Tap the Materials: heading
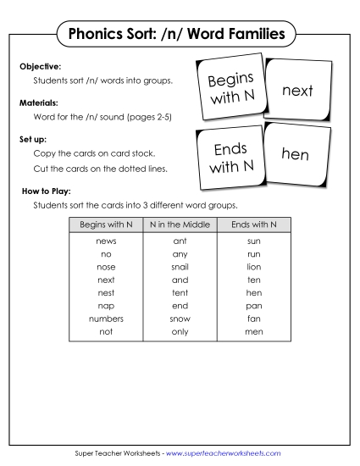pyautogui.click(x=39, y=101)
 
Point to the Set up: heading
pyautogui.click(x=33, y=136)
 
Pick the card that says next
pyautogui.click(x=297, y=90)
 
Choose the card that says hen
pyautogui.click(x=294, y=154)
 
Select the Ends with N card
pyautogui.click(x=230, y=158)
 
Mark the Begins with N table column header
pyautogui.click(x=106, y=225)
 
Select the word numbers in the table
pyautogui.click(x=107, y=319)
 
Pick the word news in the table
pyautogui.click(x=107, y=241)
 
